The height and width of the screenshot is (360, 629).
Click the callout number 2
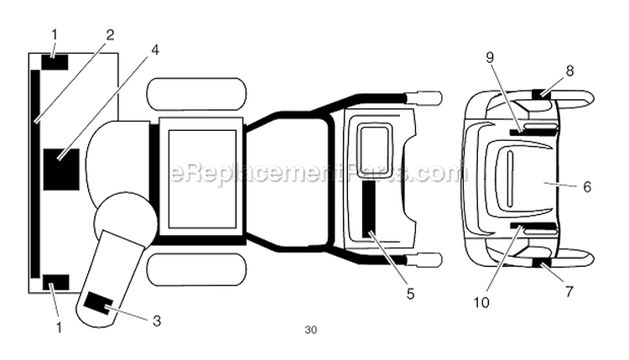(111, 36)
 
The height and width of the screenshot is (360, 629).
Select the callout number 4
(155, 50)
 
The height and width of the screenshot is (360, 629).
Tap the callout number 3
(157, 321)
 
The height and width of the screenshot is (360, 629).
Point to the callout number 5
(410, 294)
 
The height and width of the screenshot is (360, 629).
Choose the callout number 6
(587, 186)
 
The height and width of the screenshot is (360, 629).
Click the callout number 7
(569, 292)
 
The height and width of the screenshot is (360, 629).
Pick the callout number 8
(570, 71)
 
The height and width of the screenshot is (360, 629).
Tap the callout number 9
(490, 58)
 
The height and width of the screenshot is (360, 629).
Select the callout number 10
(481, 302)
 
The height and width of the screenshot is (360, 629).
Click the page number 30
(310, 330)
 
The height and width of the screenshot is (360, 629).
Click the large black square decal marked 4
(61, 170)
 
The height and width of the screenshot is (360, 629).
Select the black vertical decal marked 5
(369, 209)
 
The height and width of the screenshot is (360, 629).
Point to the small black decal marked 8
(542, 94)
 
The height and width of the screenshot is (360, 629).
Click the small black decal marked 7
(542, 263)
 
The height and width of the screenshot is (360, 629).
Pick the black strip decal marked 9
(517, 132)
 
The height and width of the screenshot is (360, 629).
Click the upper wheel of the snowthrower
(196, 93)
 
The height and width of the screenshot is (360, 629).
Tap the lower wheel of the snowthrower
(196, 269)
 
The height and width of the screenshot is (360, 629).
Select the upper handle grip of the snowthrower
(425, 97)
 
